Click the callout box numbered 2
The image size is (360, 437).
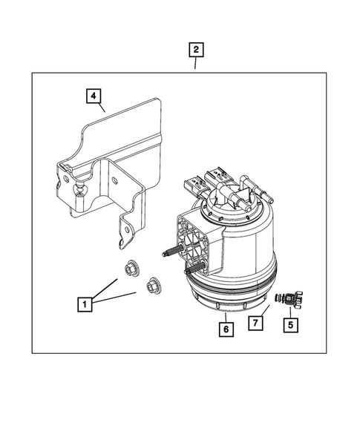point(195,50)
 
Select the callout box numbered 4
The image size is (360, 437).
point(93,96)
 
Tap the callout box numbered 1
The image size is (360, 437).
point(86,303)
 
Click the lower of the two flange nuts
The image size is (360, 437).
point(154,283)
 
